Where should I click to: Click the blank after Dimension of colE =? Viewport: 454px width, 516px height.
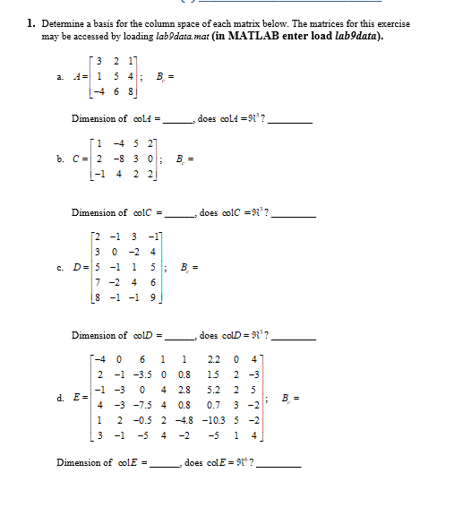[x=163, y=464]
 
